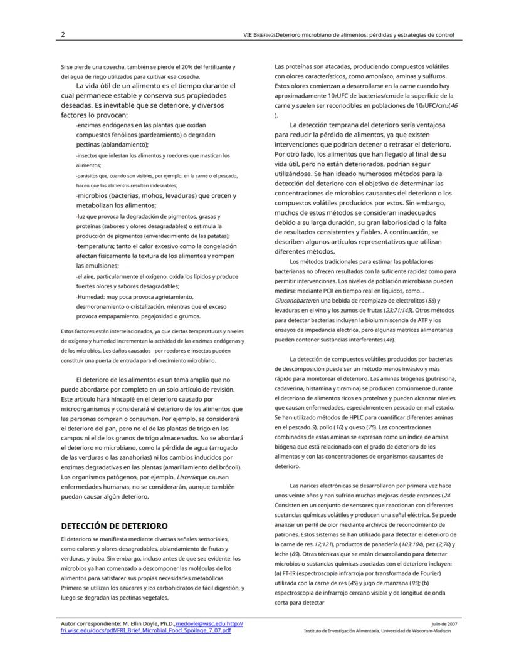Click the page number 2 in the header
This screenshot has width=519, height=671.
tap(63, 34)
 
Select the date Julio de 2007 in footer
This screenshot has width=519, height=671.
tap(444, 625)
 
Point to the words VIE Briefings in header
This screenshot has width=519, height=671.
tap(259, 34)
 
